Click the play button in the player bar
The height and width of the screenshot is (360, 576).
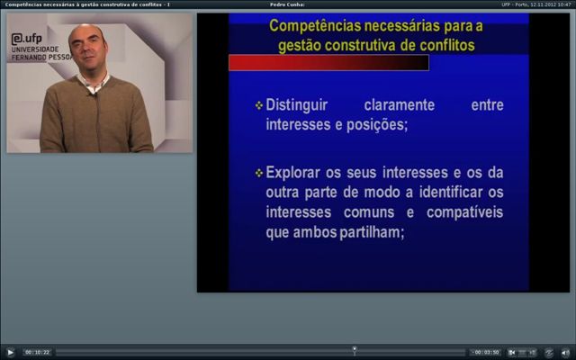tap(10, 353)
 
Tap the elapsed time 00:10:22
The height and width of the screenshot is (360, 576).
tap(37, 352)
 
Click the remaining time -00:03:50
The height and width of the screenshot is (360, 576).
tap(486, 352)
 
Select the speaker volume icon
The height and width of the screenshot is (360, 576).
tap(566, 353)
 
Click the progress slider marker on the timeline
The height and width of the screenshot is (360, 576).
tap(355, 349)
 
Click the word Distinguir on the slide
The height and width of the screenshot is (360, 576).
tap(296, 105)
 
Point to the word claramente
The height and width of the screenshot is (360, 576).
tap(400, 105)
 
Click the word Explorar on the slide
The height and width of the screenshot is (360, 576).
tap(292, 173)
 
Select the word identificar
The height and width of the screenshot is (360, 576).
tap(451, 192)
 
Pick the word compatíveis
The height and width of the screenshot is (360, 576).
tap(464, 212)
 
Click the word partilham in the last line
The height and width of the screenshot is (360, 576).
tap(372, 232)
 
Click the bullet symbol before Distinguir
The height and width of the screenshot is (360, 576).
tap(259, 106)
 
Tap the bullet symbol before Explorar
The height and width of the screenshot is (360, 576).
tap(259, 173)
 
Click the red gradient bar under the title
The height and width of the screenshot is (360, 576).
tap(328, 62)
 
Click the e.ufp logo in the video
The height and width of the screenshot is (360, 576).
tap(26, 39)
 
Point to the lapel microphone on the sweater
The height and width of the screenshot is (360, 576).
tap(94, 94)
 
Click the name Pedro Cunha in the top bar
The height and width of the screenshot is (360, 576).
tap(287, 4)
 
